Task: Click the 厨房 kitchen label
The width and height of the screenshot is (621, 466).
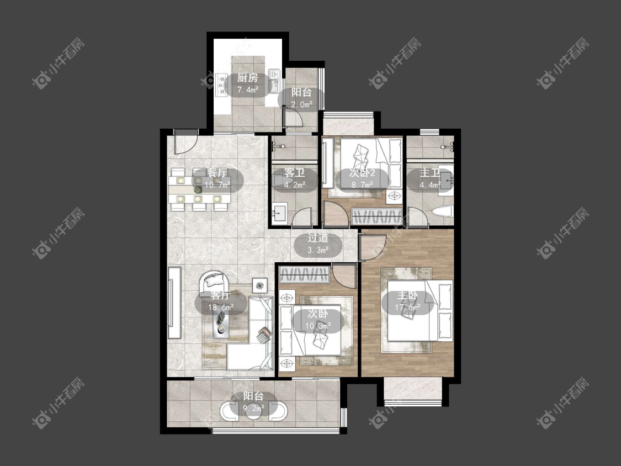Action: pyautogui.click(x=247, y=78)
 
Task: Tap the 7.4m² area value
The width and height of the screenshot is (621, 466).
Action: pyautogui.click(x=247, y=90)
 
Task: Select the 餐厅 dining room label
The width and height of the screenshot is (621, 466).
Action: pyautogui.click(x=217, y=173)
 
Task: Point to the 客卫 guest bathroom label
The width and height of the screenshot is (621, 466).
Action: pyautogui.click(x=295, y=173)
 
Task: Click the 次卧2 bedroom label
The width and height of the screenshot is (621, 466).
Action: pyautogui.click(x=362, y=173)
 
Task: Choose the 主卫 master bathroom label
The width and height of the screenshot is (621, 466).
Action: pyautogui.click(x=429, y=173)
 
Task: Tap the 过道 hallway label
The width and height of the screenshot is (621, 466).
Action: pyautogui.click(x=318, y=238)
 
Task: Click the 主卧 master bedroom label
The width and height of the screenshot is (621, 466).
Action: pyautogui.click(x=407, y=295)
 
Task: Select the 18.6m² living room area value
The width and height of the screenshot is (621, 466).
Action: pyautogui.click(x=221, y=307)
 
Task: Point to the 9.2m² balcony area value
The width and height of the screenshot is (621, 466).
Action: pyautogui.click(x=253, y=407)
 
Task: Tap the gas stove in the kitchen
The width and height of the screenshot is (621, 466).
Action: pyautogui.click(x=221, y=85)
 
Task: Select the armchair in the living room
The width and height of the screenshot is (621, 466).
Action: pyautogui.click(x=214, y=282)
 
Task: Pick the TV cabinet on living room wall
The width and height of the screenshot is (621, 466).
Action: pyautogui.click(x=174, y=303)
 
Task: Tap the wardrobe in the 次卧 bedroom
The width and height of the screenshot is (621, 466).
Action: pyautogui.click(x=304, y=275)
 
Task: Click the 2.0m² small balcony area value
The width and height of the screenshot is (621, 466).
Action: pyautogui.click(x=302, y=104)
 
